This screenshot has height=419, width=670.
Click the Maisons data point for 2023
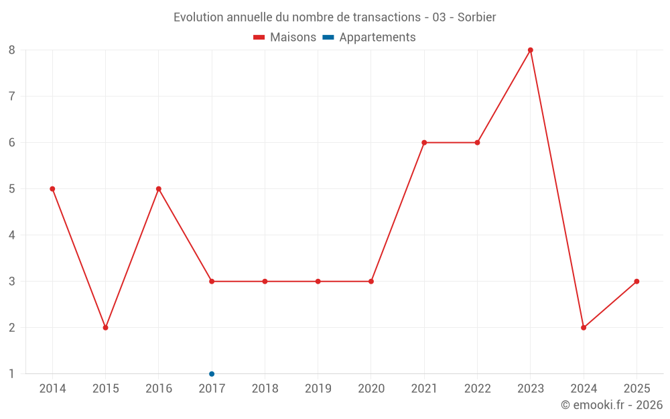pos(530,50)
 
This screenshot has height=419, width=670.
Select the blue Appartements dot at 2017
pos(212,374)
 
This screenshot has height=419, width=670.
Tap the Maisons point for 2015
pos(105,328)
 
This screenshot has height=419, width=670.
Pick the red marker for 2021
pos(424,143)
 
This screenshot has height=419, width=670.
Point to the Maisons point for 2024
pos(584,328)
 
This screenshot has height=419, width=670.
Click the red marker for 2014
pos(52,189)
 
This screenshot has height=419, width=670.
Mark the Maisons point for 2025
pos(636,282)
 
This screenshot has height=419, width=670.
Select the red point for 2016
pos(159,189)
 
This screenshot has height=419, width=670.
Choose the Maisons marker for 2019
pos(318,282)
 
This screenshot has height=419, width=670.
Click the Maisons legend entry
pos(285,38)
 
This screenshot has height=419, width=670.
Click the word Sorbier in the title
pos(476,17)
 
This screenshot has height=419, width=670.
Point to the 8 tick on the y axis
pos(12,50)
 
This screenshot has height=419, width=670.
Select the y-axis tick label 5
pos(12,189)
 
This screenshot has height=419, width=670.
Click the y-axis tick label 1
pos(12,374)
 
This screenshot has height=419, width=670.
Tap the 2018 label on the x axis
pos(265,389)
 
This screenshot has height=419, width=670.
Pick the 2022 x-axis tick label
pos(477,389)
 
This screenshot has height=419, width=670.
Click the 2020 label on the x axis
pos(371,389)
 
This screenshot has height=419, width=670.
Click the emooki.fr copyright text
pos(612,405)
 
